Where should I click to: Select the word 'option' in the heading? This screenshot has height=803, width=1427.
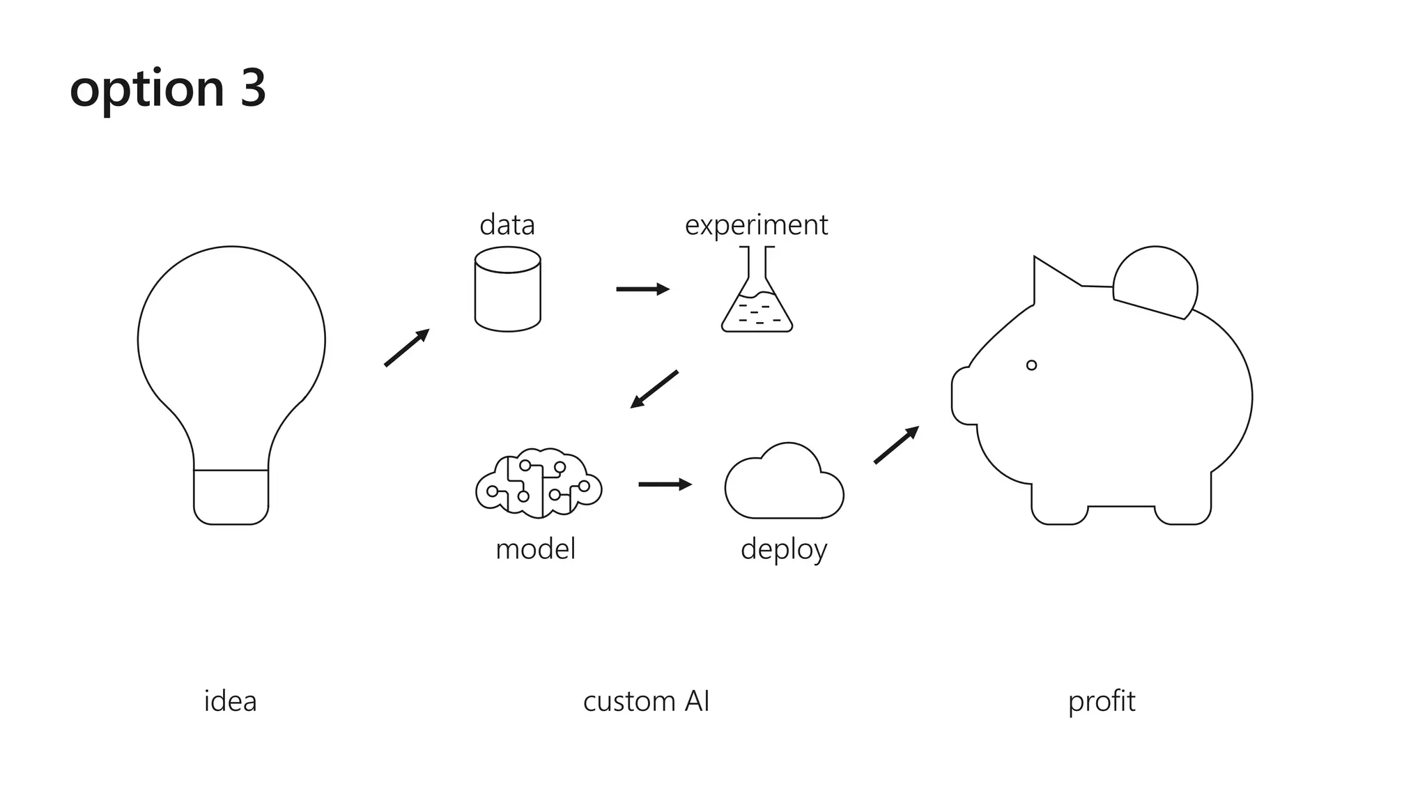click(147, 91)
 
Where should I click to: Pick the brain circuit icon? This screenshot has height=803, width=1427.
click(538, 483)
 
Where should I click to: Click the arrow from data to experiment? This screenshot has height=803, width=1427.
click(642, 289)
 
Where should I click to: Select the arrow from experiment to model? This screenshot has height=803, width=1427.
click(654, 389)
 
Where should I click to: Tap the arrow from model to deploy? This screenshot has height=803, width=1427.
click(665, 484)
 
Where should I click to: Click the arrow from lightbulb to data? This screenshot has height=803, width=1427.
click(407, 347)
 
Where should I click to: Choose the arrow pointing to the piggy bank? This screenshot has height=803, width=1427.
click(896, 445)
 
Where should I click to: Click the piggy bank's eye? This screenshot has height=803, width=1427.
click(1031, 365)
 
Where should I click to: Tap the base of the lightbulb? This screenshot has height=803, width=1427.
click(231, 497)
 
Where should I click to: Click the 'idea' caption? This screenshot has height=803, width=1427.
click(230, 701)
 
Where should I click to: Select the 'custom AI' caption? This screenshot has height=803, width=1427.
click(646, 701)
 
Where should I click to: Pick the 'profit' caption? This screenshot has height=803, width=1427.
click(1101, 701)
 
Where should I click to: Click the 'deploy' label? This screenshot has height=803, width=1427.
click(783, 549)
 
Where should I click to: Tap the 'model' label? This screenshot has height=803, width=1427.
click(535, 549)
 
